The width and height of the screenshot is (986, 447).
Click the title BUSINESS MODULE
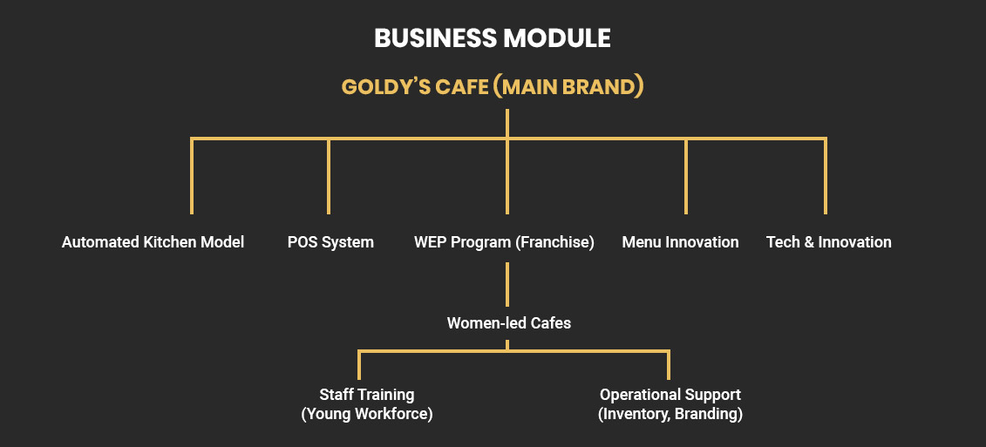(x=493, y=38)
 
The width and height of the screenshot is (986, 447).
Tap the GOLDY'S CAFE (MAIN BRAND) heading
(x=493, y=87)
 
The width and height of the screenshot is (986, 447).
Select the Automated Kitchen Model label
(x=153, y=242)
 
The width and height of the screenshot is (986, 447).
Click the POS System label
(x=330, y=242)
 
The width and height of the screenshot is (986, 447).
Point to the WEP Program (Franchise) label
(x=504, y=242)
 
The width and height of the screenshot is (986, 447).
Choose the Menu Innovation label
(x=680, y=242)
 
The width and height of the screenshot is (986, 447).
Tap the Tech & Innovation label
(x=828, y=242)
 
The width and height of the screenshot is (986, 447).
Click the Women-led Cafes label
(x=509, y=323)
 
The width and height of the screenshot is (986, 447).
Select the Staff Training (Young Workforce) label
(x=367, y=404)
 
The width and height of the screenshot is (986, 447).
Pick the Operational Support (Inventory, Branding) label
(x=670, y=404)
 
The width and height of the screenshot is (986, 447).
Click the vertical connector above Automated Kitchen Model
(x=192, y=176)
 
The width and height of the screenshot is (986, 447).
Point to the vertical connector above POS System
(x=329, y=176)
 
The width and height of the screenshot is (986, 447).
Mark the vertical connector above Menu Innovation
(x=686, y=176)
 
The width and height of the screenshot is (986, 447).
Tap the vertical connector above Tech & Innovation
(x=825, y=176)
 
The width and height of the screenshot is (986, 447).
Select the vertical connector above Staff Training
(x=359, y=363)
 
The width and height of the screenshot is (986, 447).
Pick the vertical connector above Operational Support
(x=669, y=363)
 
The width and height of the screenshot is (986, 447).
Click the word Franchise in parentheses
(x=555, y=242)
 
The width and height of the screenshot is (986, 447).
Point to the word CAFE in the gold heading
(x=459, y=87)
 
